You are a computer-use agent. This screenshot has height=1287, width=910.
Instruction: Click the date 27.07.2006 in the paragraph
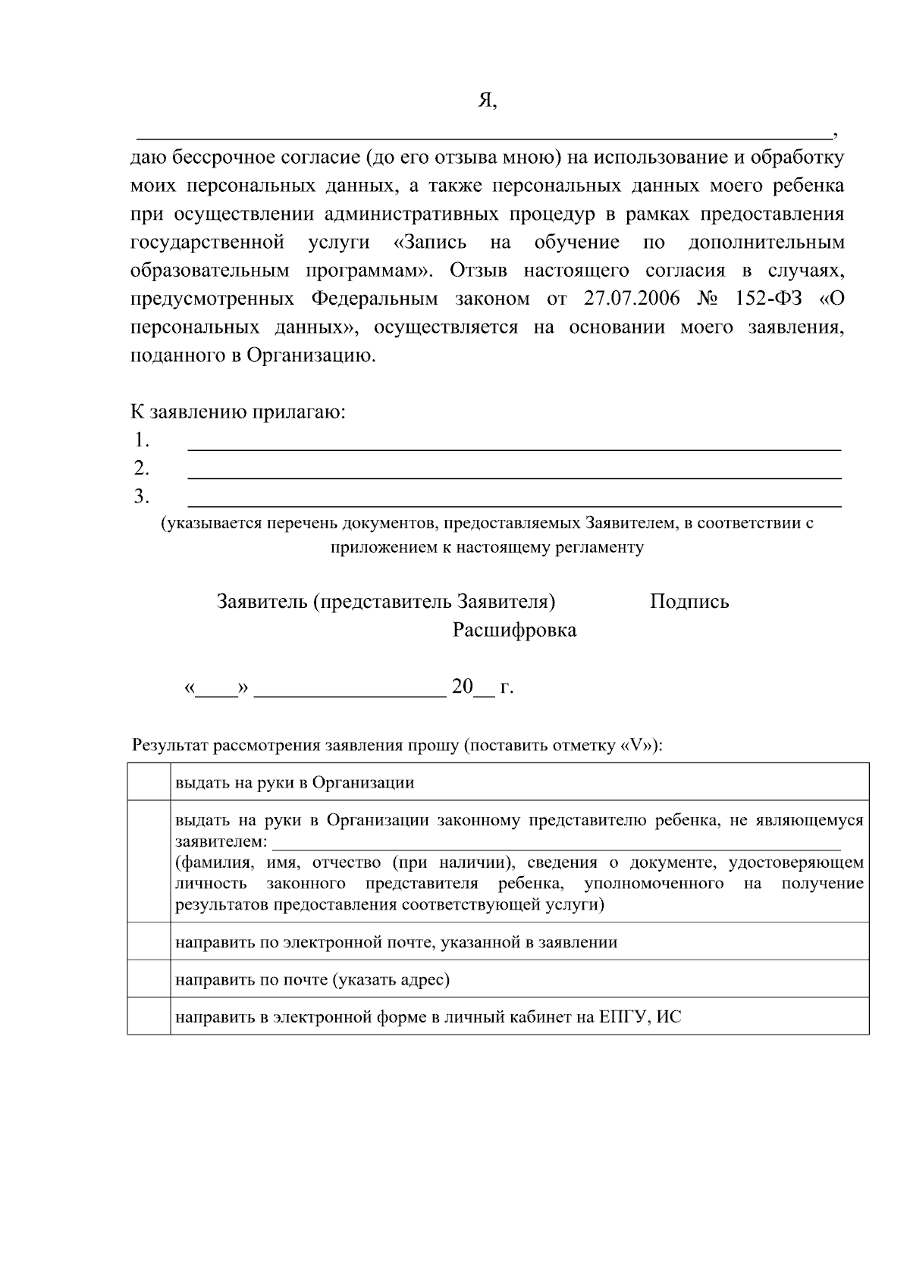point(631,299)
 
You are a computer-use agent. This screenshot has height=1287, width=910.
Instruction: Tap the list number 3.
point(141,496)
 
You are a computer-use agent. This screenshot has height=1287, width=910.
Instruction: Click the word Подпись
point(689,602)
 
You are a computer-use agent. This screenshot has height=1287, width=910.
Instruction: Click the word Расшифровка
point(514,630)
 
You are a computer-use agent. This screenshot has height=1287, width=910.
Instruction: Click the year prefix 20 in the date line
point(463,687)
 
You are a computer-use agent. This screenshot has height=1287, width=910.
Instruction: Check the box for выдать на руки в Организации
point(149,781)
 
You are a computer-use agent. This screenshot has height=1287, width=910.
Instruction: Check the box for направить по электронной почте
point(149,941)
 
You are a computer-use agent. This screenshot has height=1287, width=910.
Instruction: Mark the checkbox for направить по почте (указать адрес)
point(149,979)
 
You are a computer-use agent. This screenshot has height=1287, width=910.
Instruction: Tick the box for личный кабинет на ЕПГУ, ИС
point(149,1016)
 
